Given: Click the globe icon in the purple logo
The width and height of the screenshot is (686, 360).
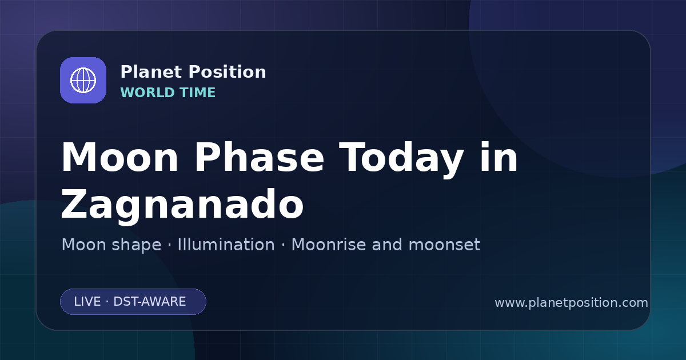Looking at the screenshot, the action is point(83,80).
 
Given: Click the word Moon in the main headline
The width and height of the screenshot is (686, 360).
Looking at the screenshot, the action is point(119,157).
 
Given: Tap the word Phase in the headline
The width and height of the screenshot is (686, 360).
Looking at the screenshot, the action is point(259,157).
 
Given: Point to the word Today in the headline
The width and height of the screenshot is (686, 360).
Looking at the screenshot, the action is point(401,159).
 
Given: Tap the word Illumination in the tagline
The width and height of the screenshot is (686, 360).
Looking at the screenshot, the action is point(226,245).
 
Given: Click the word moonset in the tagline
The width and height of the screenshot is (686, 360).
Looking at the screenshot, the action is point(444,245).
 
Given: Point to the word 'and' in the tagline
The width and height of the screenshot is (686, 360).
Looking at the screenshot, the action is point(387,245).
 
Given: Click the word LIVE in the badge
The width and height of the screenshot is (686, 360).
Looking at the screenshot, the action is point(87,302).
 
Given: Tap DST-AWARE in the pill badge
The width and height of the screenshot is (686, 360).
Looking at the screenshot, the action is point(149,302).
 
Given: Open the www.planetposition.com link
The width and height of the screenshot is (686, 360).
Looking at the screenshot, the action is point(572,303).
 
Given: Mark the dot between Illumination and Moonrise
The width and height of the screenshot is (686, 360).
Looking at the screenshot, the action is point(284,245).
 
